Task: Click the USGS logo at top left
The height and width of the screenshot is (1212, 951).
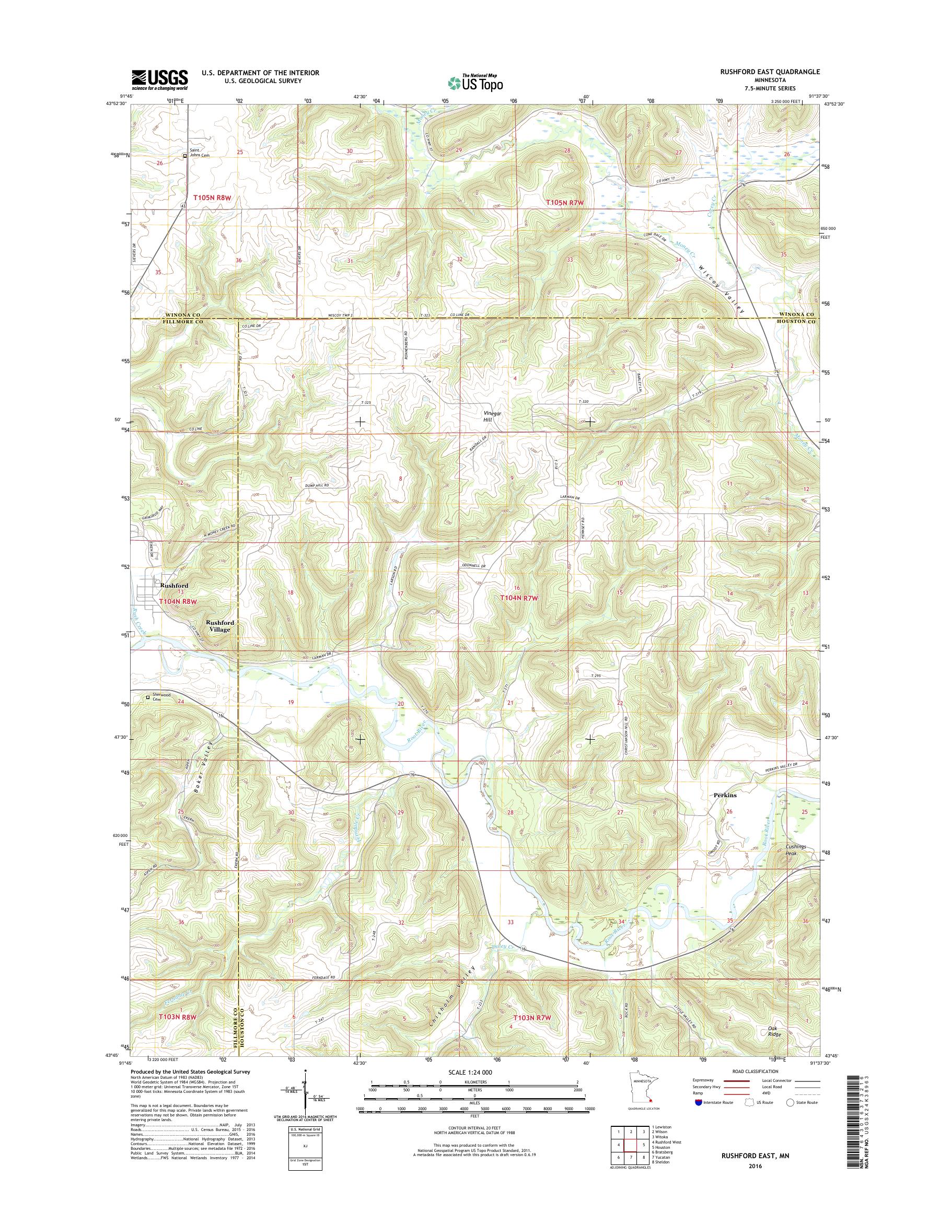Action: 159,79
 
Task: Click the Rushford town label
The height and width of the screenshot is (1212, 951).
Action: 173,586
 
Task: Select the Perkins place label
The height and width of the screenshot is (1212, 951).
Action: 725,796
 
